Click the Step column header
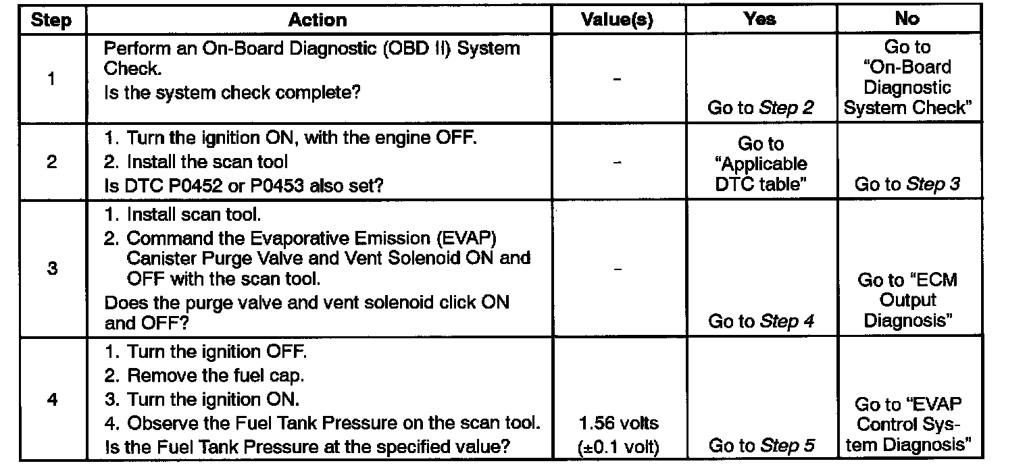(x=51, y=21)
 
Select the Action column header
(x=318, y=20)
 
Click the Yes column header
(x=759, y=20)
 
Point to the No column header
(x=906, y=19)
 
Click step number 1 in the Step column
(x=52, y=78)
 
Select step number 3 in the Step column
(x=52, y=269)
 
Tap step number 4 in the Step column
(x=52, y=400)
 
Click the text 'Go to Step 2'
(x=760, y=108)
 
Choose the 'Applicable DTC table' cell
(x=760, y=164)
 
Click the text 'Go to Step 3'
(x=907, y=184)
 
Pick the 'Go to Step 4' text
(x=760, y=321)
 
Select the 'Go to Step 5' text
(x=760, y=446)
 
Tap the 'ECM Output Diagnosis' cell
(x=907, y=300)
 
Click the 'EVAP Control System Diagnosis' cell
(x=907, y=425)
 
